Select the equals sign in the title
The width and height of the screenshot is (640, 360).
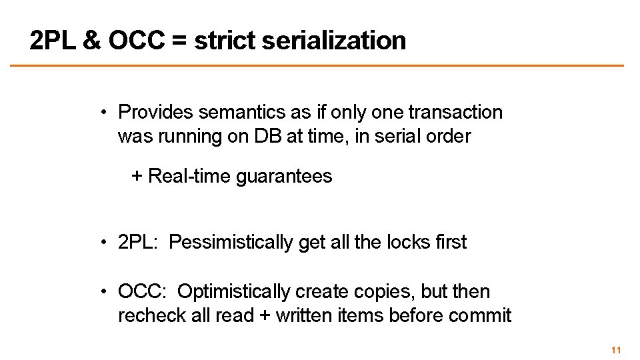point(178,41)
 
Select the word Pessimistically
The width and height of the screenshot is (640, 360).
point(231,243)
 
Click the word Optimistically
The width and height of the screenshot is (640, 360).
point(234,291)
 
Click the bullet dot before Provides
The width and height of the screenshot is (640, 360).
point(105,113)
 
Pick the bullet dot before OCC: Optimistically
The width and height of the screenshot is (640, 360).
point(105,292)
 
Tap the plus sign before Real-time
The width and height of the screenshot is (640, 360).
point(137,177)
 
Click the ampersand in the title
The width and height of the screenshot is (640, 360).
point(91,41)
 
